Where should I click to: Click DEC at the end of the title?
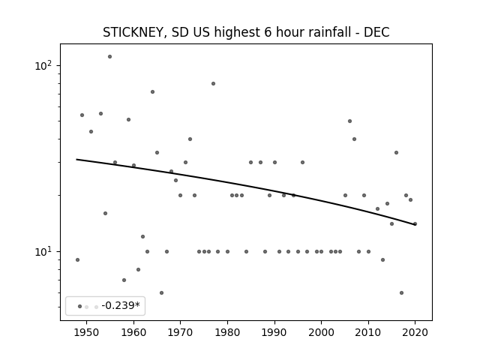coord(376,32)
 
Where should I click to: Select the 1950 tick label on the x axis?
coord(87,332)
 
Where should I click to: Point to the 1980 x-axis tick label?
coord(227,332)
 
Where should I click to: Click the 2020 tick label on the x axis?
coord(415,332)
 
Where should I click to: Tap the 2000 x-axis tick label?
coord(322,332)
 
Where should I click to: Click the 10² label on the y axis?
coord(45,65)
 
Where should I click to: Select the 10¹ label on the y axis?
coord(45,251)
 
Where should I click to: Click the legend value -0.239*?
coord(121,305)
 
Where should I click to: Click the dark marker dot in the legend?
coord(80,307)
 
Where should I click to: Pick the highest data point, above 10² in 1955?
coord(110,57)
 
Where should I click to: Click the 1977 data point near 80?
coord(213,83)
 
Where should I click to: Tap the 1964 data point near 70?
coord(152,91)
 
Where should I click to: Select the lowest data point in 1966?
coord(162,293)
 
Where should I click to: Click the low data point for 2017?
coord(402,293)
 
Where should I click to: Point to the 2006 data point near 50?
coord(350,121)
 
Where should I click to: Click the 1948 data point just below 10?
coord(77,260)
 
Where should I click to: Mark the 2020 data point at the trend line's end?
coord(415,223)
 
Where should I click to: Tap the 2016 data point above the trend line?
coord(397,152)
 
